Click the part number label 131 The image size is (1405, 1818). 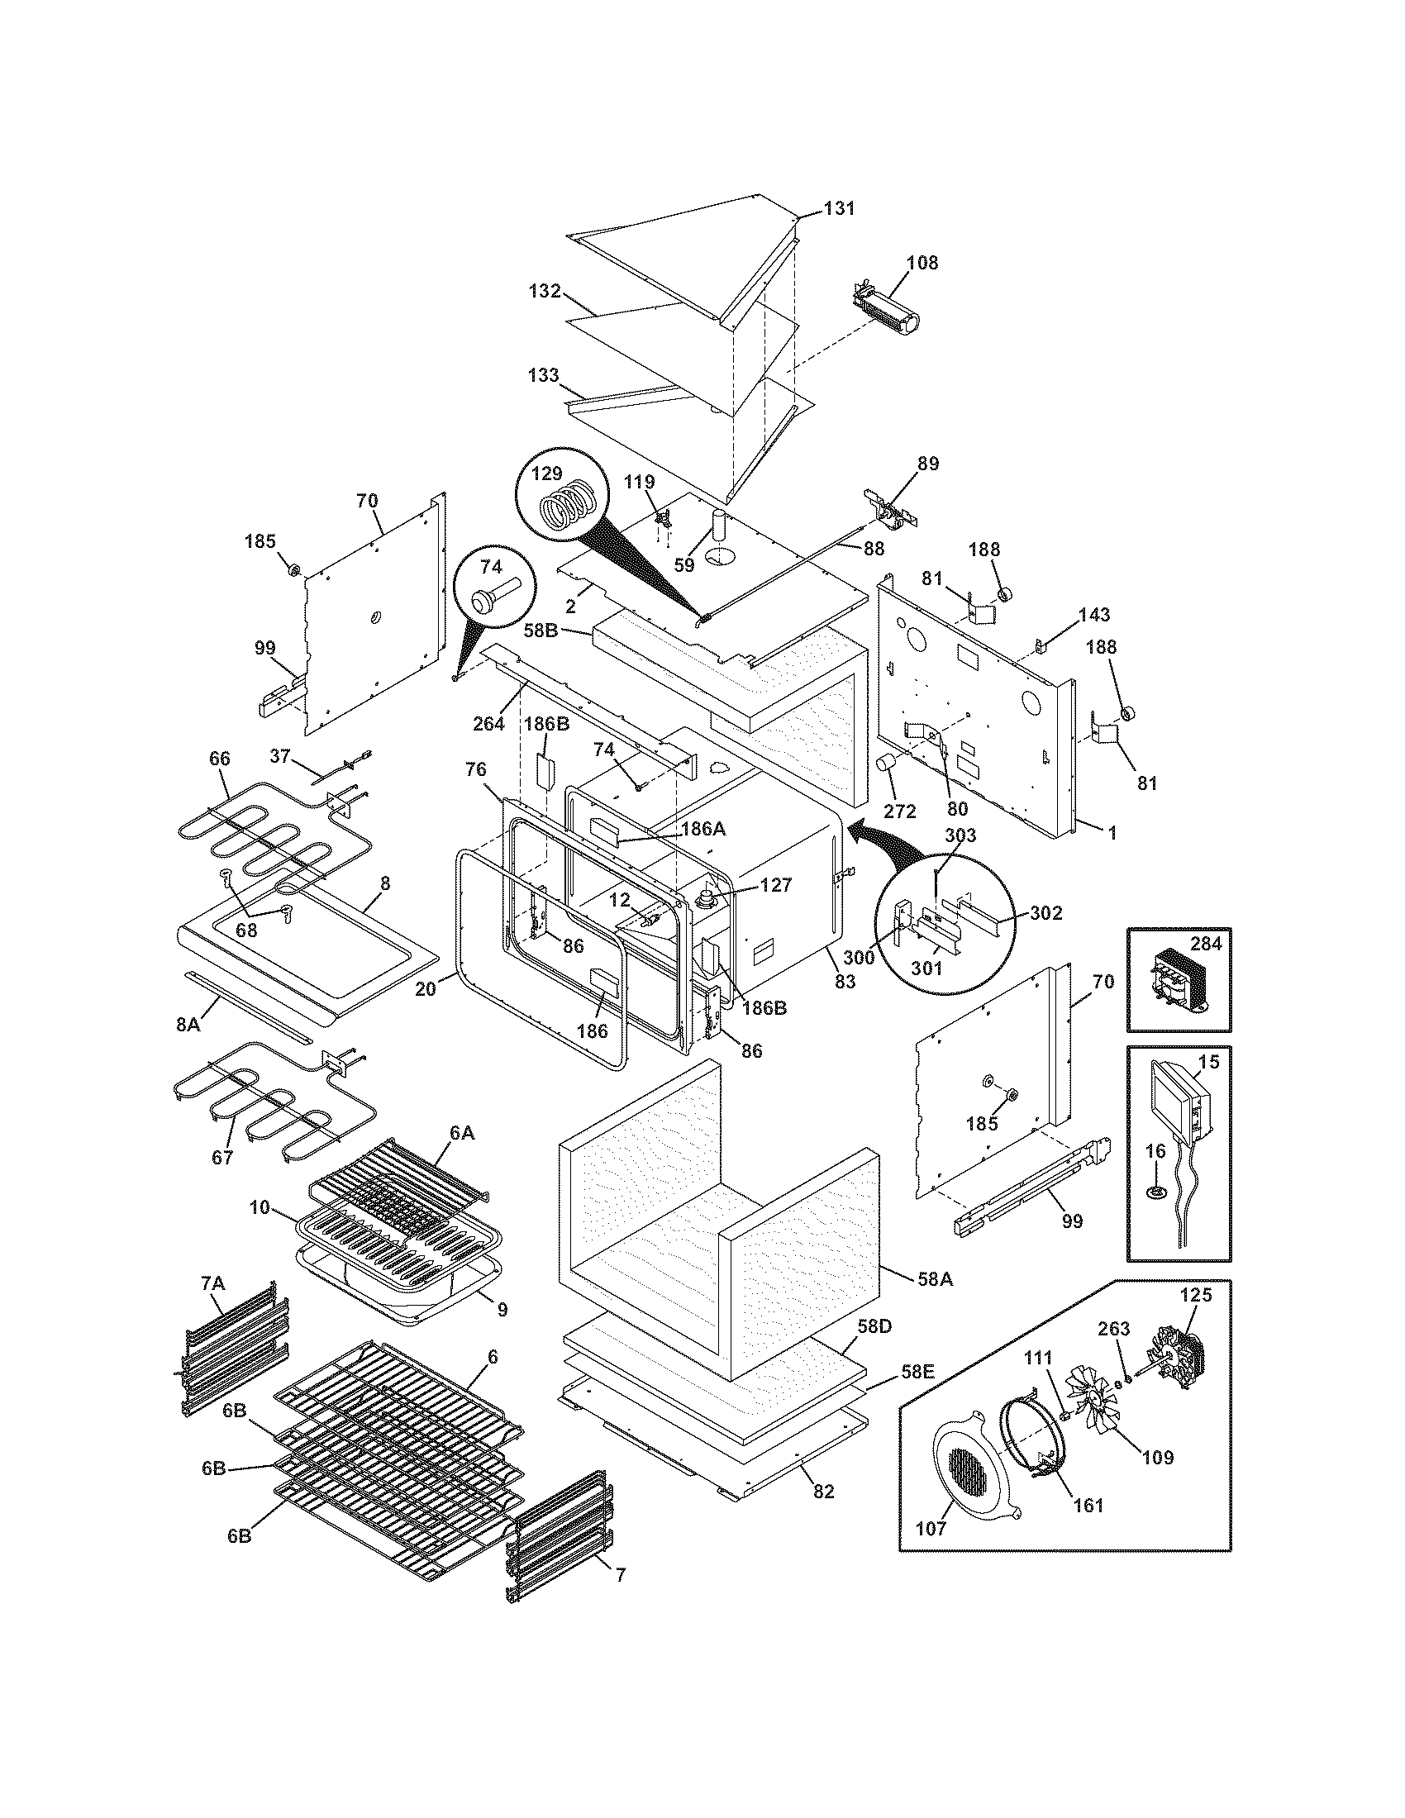(x=839, y=208)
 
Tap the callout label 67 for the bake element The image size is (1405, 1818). (x=221, y=1158)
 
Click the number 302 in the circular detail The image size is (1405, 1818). (x=1045, y=912)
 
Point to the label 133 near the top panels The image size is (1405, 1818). (x=543, y=375)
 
